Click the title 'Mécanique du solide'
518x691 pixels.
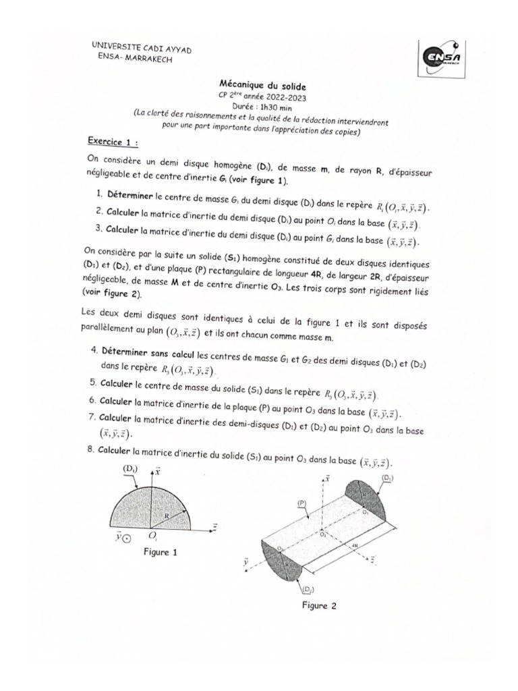[x=254, y=86]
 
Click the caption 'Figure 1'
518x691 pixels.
[x=160, y=551]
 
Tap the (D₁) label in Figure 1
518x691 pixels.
[x=130, y=468]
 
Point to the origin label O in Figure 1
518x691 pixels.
[x=153, y=537]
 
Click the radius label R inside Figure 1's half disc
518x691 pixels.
[x=166, y=514]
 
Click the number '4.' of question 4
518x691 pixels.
[x=93, y=352]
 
